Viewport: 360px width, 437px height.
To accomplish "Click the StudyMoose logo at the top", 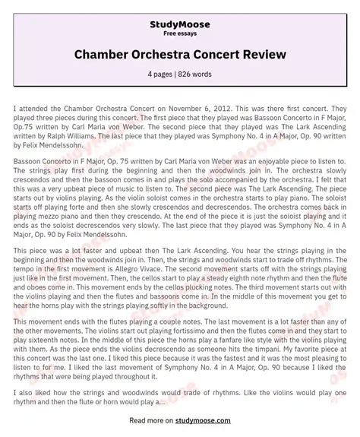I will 179,24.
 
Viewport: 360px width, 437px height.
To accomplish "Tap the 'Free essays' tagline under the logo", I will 179,34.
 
